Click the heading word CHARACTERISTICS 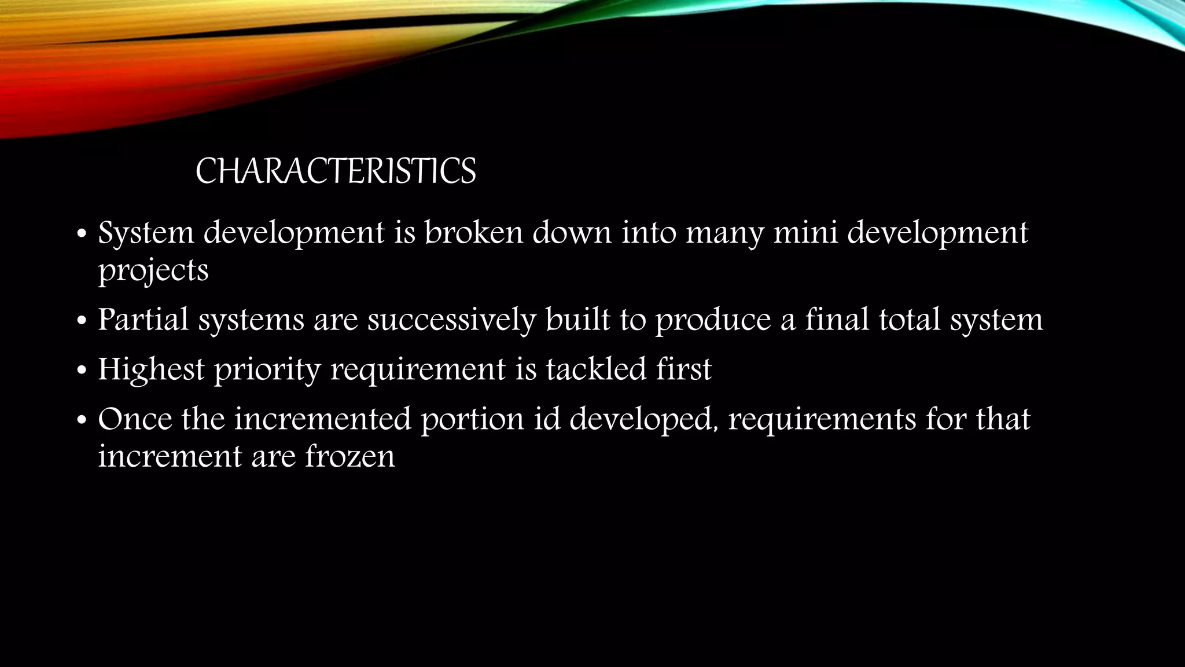336,171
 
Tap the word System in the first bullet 146,233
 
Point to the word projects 153,271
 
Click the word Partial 143,320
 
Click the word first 683,369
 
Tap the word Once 135,419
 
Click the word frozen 350,456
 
